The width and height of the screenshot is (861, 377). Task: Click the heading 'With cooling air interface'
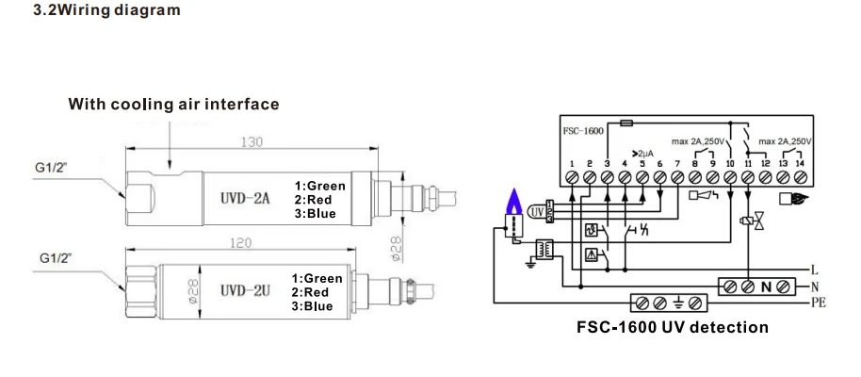click(x=172, y=104)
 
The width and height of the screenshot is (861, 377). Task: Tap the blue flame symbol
click(x=513, y=199)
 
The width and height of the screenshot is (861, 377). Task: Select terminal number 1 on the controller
click(x=572, y=163)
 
